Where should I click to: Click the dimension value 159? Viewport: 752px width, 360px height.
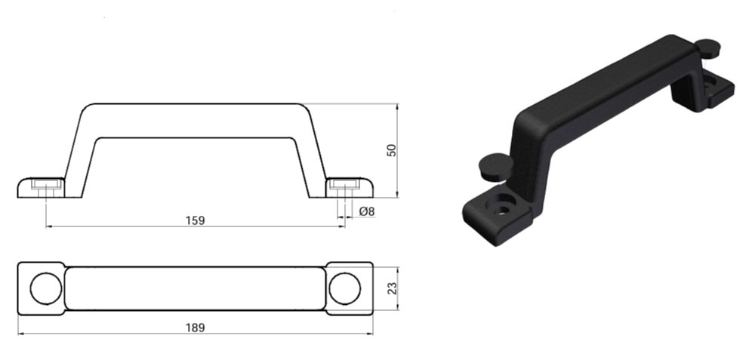(195, 220)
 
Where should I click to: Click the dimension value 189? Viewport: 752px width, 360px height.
(195, 328)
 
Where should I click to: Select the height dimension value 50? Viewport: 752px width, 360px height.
(391, 149)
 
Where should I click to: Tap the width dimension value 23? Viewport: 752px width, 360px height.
(391, 288)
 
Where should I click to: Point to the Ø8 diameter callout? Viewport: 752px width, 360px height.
(368, 212)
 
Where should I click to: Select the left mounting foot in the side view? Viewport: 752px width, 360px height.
(42, 187)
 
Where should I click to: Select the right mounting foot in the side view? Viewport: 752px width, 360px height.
(350, 187)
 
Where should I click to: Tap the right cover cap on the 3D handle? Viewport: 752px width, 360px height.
(707, 48)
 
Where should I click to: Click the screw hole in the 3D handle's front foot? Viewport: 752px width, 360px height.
(502, 205)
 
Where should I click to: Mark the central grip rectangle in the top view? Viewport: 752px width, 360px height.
(195, 288)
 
